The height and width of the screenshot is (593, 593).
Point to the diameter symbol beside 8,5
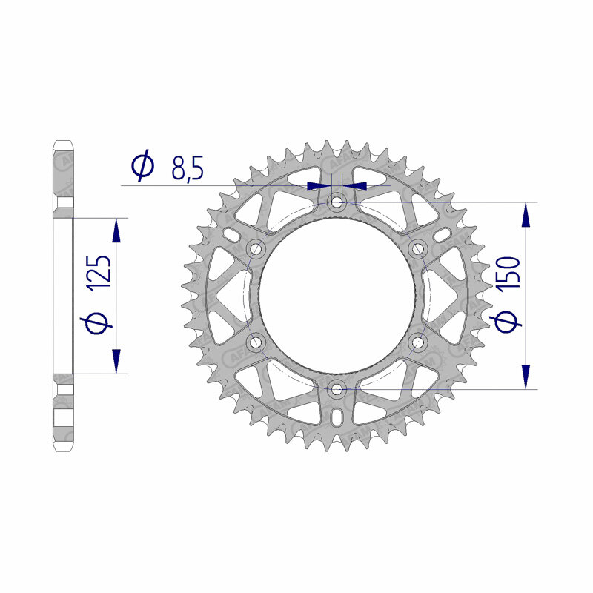(x=142, y=167)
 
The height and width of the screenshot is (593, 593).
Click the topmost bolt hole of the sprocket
(x=337, y=201)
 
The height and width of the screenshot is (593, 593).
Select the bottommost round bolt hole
(x=337, y=388)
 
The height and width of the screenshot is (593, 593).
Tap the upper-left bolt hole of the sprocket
(x=257, y=248)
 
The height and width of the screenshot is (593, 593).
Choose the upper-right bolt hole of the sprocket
(x=417, y=248)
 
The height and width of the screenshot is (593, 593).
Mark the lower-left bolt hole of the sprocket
(x=257, y=342)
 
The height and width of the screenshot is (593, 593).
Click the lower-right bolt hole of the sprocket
(x=417, y=342)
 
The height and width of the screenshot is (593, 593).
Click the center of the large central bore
(x=337, y=294)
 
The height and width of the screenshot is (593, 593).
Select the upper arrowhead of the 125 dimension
(x=116, y=231)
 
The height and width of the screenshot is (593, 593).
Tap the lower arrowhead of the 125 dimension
(x=116, y=361)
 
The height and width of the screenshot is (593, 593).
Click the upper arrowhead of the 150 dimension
(x=526, y=214)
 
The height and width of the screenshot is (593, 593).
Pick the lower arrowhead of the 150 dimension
(x=526, y=375)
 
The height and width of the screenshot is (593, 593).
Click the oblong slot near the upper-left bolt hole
(x=231, y=235)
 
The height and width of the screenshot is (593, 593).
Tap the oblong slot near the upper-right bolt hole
(x=443, y=235)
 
